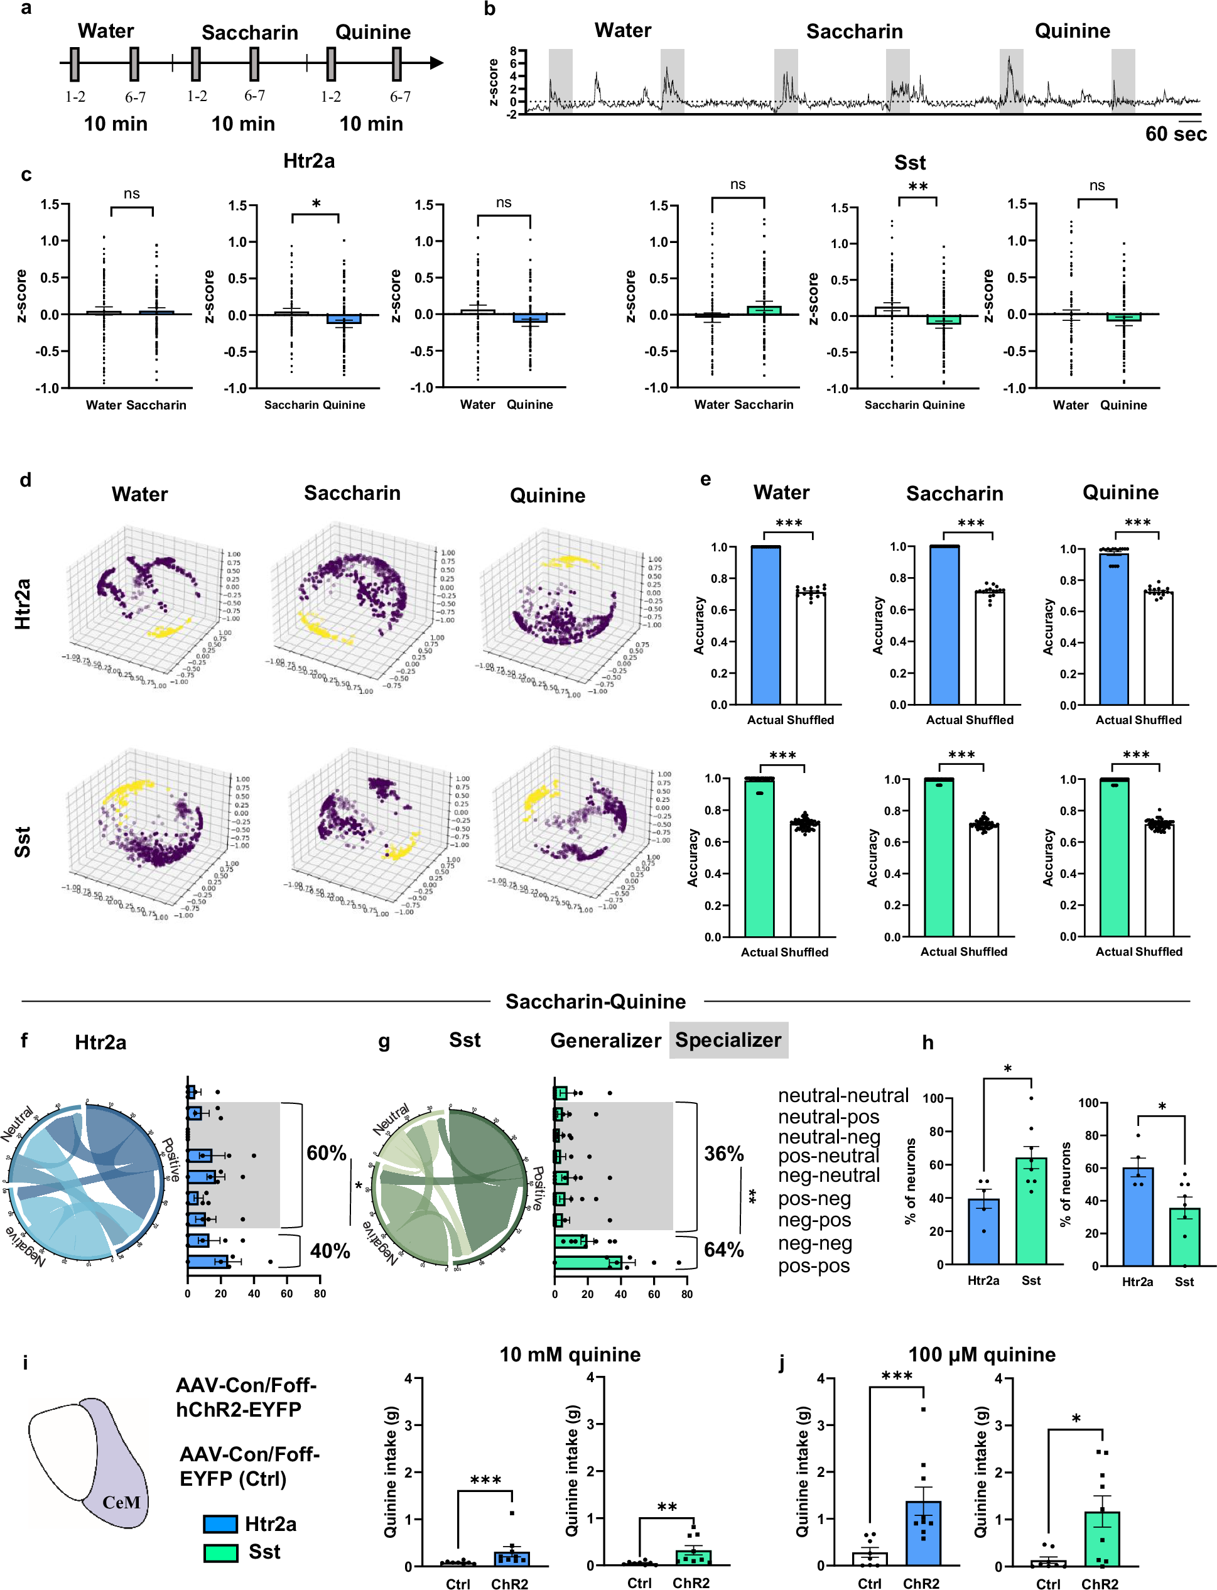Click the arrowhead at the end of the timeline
click(436, 63)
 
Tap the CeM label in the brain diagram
click(121, 1501)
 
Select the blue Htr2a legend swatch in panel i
click(220, 1524)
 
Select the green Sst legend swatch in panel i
click(220, 1552)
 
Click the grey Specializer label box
click(728, 1040)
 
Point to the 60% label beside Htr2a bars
click(326, 1152)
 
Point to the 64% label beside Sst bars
click(723, 1250)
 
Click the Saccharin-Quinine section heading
click(595, 1001)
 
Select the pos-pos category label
click(813, 1265)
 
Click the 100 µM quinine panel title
click(982, 1355)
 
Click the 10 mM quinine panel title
click(570, 1355)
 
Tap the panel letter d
click(25, 480)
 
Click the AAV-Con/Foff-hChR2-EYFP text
click(246, 1397)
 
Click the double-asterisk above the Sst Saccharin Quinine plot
click(918, 187)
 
